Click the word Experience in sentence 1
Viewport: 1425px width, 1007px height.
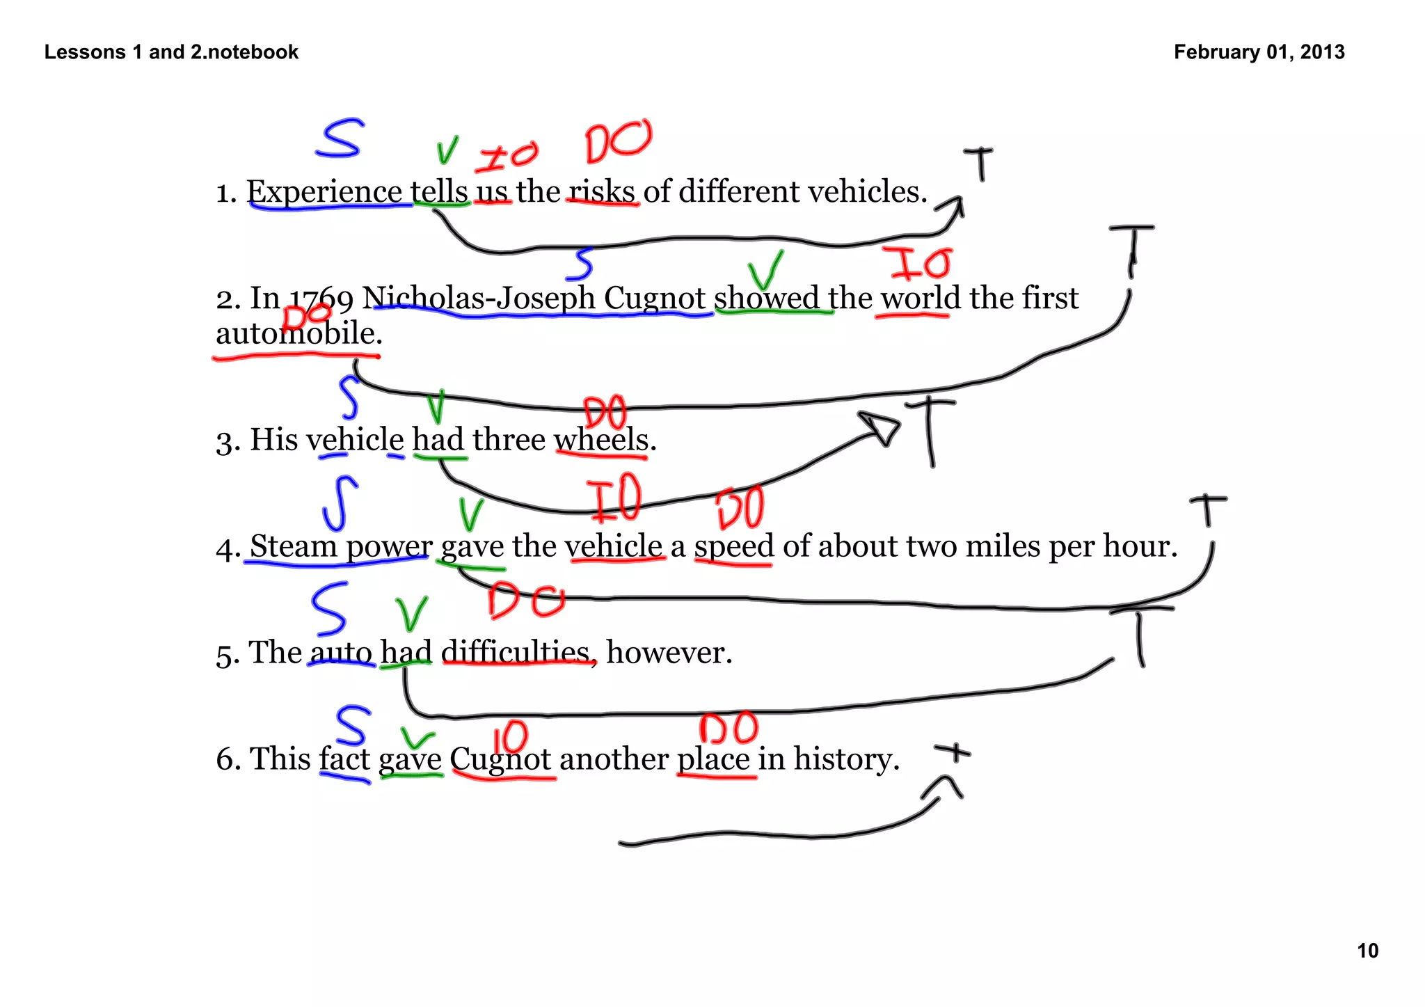tap(324, 192)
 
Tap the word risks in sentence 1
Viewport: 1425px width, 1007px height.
tap(602, 192)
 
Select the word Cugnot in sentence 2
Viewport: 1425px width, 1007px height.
tap(654, 299)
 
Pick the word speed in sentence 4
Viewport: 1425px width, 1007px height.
tap(734, 546)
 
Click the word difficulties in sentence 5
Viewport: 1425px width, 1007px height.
tap(516, 653)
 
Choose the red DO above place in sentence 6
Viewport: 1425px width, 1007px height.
tap(728, 729)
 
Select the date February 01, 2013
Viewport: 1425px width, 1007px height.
tap(1259, 52)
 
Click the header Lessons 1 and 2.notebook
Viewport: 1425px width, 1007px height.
tap(171, 52)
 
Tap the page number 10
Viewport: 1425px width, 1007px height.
tap(1367, 951)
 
